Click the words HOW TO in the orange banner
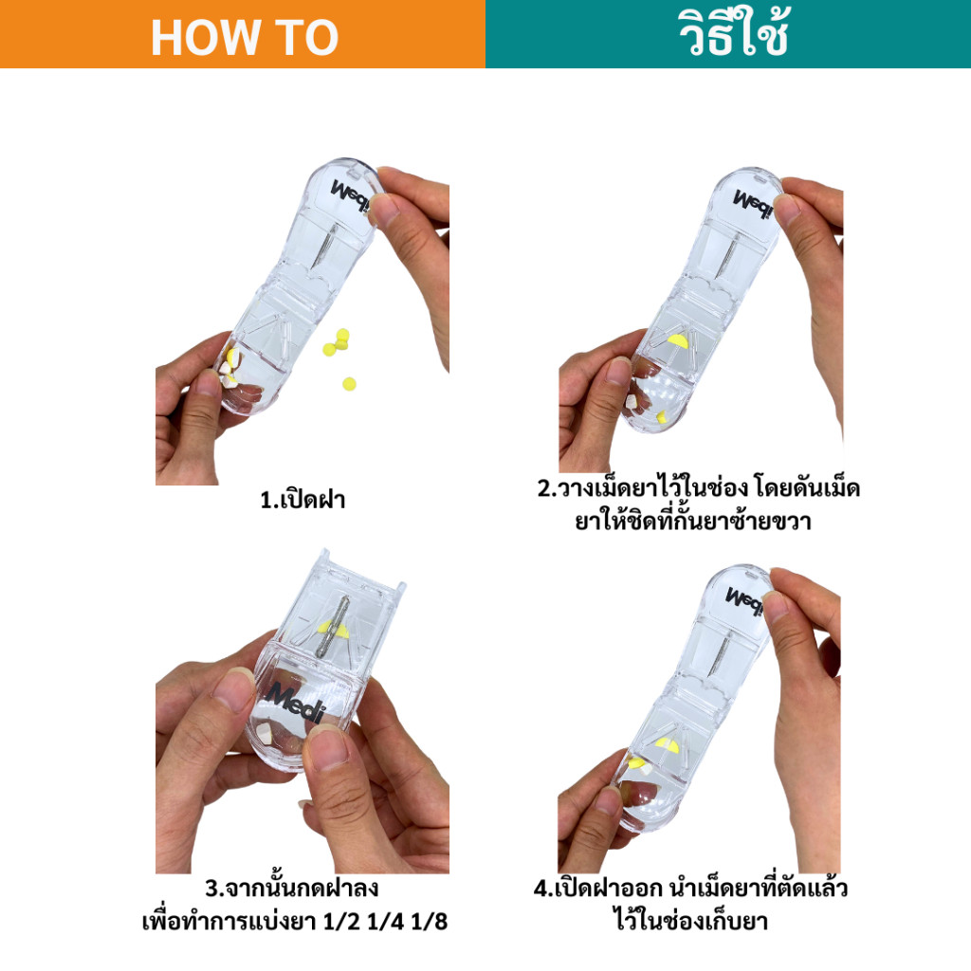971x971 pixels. pos(245,38)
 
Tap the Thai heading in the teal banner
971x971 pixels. pos(734,32)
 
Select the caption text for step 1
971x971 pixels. pos(302,500)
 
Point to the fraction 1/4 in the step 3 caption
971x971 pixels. pos(385,922)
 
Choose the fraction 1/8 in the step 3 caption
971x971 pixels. pos(429,922)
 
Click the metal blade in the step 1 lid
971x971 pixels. pos(325,246)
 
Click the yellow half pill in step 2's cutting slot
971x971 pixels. pos(677,340)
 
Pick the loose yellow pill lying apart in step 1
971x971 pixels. pos(349,384)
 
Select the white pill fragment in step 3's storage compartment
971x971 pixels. pos(265,733)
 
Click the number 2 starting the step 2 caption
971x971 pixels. pos(543,488)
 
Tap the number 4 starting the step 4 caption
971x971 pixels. pos(540,889)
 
